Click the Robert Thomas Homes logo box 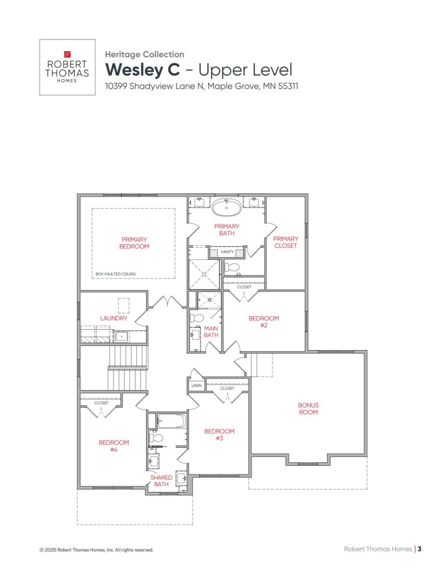67,67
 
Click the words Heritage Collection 144,54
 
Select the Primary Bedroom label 134,243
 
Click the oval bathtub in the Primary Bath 226,206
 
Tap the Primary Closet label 285,242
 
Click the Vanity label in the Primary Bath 227,252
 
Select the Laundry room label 113,318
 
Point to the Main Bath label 211,331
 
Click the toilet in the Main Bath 197,319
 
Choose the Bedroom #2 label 264,322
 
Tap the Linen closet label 196,386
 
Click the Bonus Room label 308,408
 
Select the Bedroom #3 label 219,434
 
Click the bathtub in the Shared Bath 171,420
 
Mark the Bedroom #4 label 113,445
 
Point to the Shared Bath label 161,481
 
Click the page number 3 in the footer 419,548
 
